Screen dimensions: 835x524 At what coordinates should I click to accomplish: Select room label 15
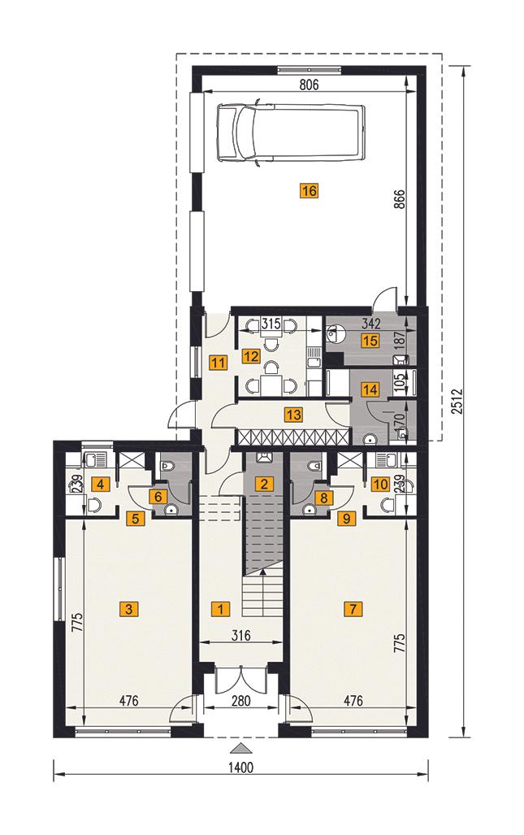[370, 341]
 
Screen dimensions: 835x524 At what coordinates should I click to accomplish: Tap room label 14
[370, 390]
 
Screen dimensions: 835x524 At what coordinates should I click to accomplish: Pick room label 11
[217, 363]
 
